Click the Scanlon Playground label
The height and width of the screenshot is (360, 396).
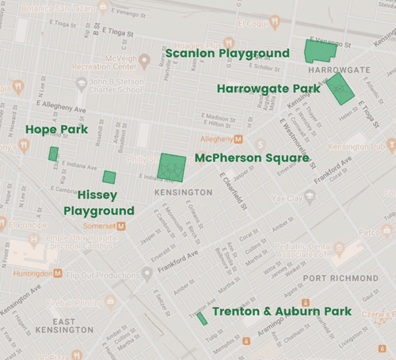click(x=227, y=54)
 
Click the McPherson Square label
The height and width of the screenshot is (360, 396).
click(x=251, y=158)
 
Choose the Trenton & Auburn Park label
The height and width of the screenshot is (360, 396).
click(x=281, y=312)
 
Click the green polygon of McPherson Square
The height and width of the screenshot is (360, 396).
click(x=171, y=167)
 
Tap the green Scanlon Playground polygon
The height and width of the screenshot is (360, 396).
click(x=320, y=50)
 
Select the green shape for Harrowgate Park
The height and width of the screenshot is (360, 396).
click(x=340, y=89)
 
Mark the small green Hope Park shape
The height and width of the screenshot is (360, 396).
click(x=53, y=153)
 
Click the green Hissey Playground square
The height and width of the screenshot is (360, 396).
click(x=109, y=176)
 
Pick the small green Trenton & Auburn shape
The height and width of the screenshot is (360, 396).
click(x=201, y=317)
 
